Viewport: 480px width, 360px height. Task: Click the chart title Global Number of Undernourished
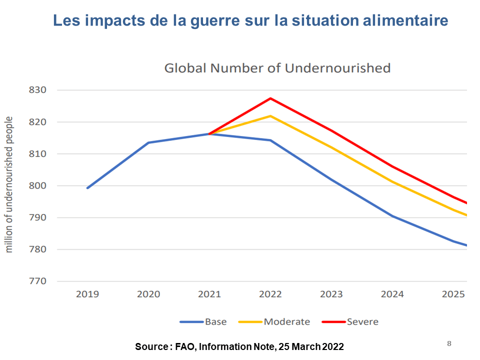(x=277, y=68)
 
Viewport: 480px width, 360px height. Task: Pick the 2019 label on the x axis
(x=87, y=294)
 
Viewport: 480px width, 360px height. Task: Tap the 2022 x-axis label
(x=270, y=294)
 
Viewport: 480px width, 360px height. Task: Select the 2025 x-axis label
(x=453, y=294)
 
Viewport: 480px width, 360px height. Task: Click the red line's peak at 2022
(x=270, y=98)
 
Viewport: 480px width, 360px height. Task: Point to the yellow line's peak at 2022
(x=270, y=116)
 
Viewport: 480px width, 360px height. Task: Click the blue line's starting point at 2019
(x=87, y=188)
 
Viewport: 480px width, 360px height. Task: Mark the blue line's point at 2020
(x=148, y=142)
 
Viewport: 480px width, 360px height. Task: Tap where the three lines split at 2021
(x=209, y=133)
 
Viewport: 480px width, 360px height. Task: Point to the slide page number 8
(x=449, y=343)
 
